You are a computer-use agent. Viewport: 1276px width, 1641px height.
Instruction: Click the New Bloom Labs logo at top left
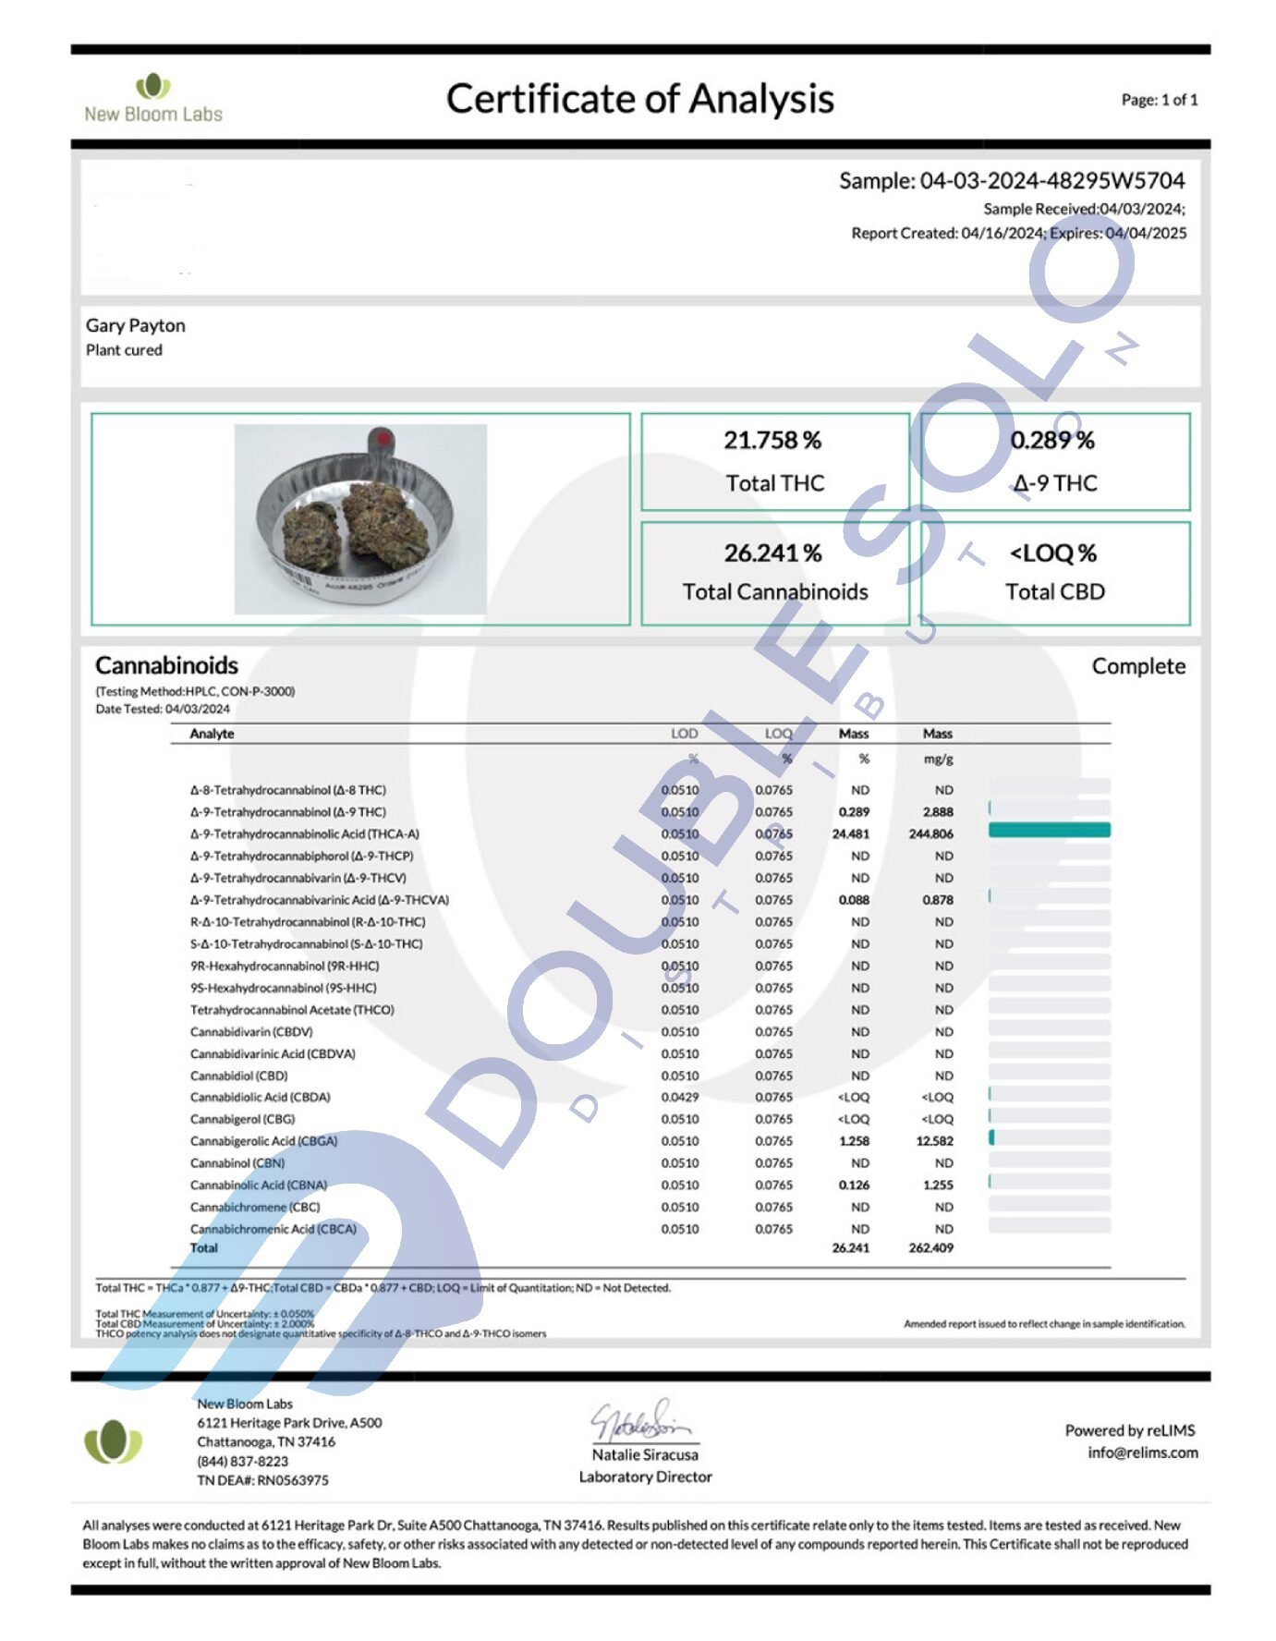pos(153,99)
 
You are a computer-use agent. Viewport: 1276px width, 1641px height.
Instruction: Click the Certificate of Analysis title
pos(639,99)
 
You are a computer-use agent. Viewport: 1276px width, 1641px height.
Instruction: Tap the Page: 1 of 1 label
pos(1159,100)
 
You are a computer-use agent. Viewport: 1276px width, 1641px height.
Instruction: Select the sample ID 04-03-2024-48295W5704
pos(1051,181)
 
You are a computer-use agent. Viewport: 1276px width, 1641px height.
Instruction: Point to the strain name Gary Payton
pos(136,325)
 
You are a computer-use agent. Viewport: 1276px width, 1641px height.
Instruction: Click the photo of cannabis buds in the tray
pos(360,519)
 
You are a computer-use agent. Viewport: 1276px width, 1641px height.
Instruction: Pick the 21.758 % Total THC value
pos(772,441)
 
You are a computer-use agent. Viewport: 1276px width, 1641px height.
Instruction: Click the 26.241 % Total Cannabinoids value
pos(772,553)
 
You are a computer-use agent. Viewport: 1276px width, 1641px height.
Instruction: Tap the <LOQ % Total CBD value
pos(1053,553)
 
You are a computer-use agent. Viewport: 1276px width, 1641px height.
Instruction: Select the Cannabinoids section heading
pos(166,665)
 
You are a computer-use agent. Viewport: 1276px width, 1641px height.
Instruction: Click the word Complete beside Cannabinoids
pos(1137,666)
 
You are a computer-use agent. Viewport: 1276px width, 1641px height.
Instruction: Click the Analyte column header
pos(212,734)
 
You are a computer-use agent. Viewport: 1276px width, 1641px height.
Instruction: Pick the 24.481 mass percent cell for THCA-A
pos(850,834)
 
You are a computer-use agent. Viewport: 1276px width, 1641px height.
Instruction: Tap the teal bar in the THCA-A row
pos(1049,831)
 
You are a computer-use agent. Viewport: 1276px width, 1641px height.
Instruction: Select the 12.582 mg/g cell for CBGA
pos(934,1141)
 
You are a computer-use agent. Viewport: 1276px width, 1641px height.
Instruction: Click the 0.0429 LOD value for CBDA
pos(680,1098)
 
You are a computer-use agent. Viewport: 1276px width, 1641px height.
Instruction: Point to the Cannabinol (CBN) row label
pos(237,1163)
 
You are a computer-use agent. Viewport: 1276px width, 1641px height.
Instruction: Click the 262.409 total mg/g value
pos(930,1247)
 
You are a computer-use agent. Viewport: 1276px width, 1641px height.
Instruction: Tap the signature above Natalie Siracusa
pos(641,1420)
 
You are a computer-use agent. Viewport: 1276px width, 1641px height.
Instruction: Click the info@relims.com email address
pos(1142,1453)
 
